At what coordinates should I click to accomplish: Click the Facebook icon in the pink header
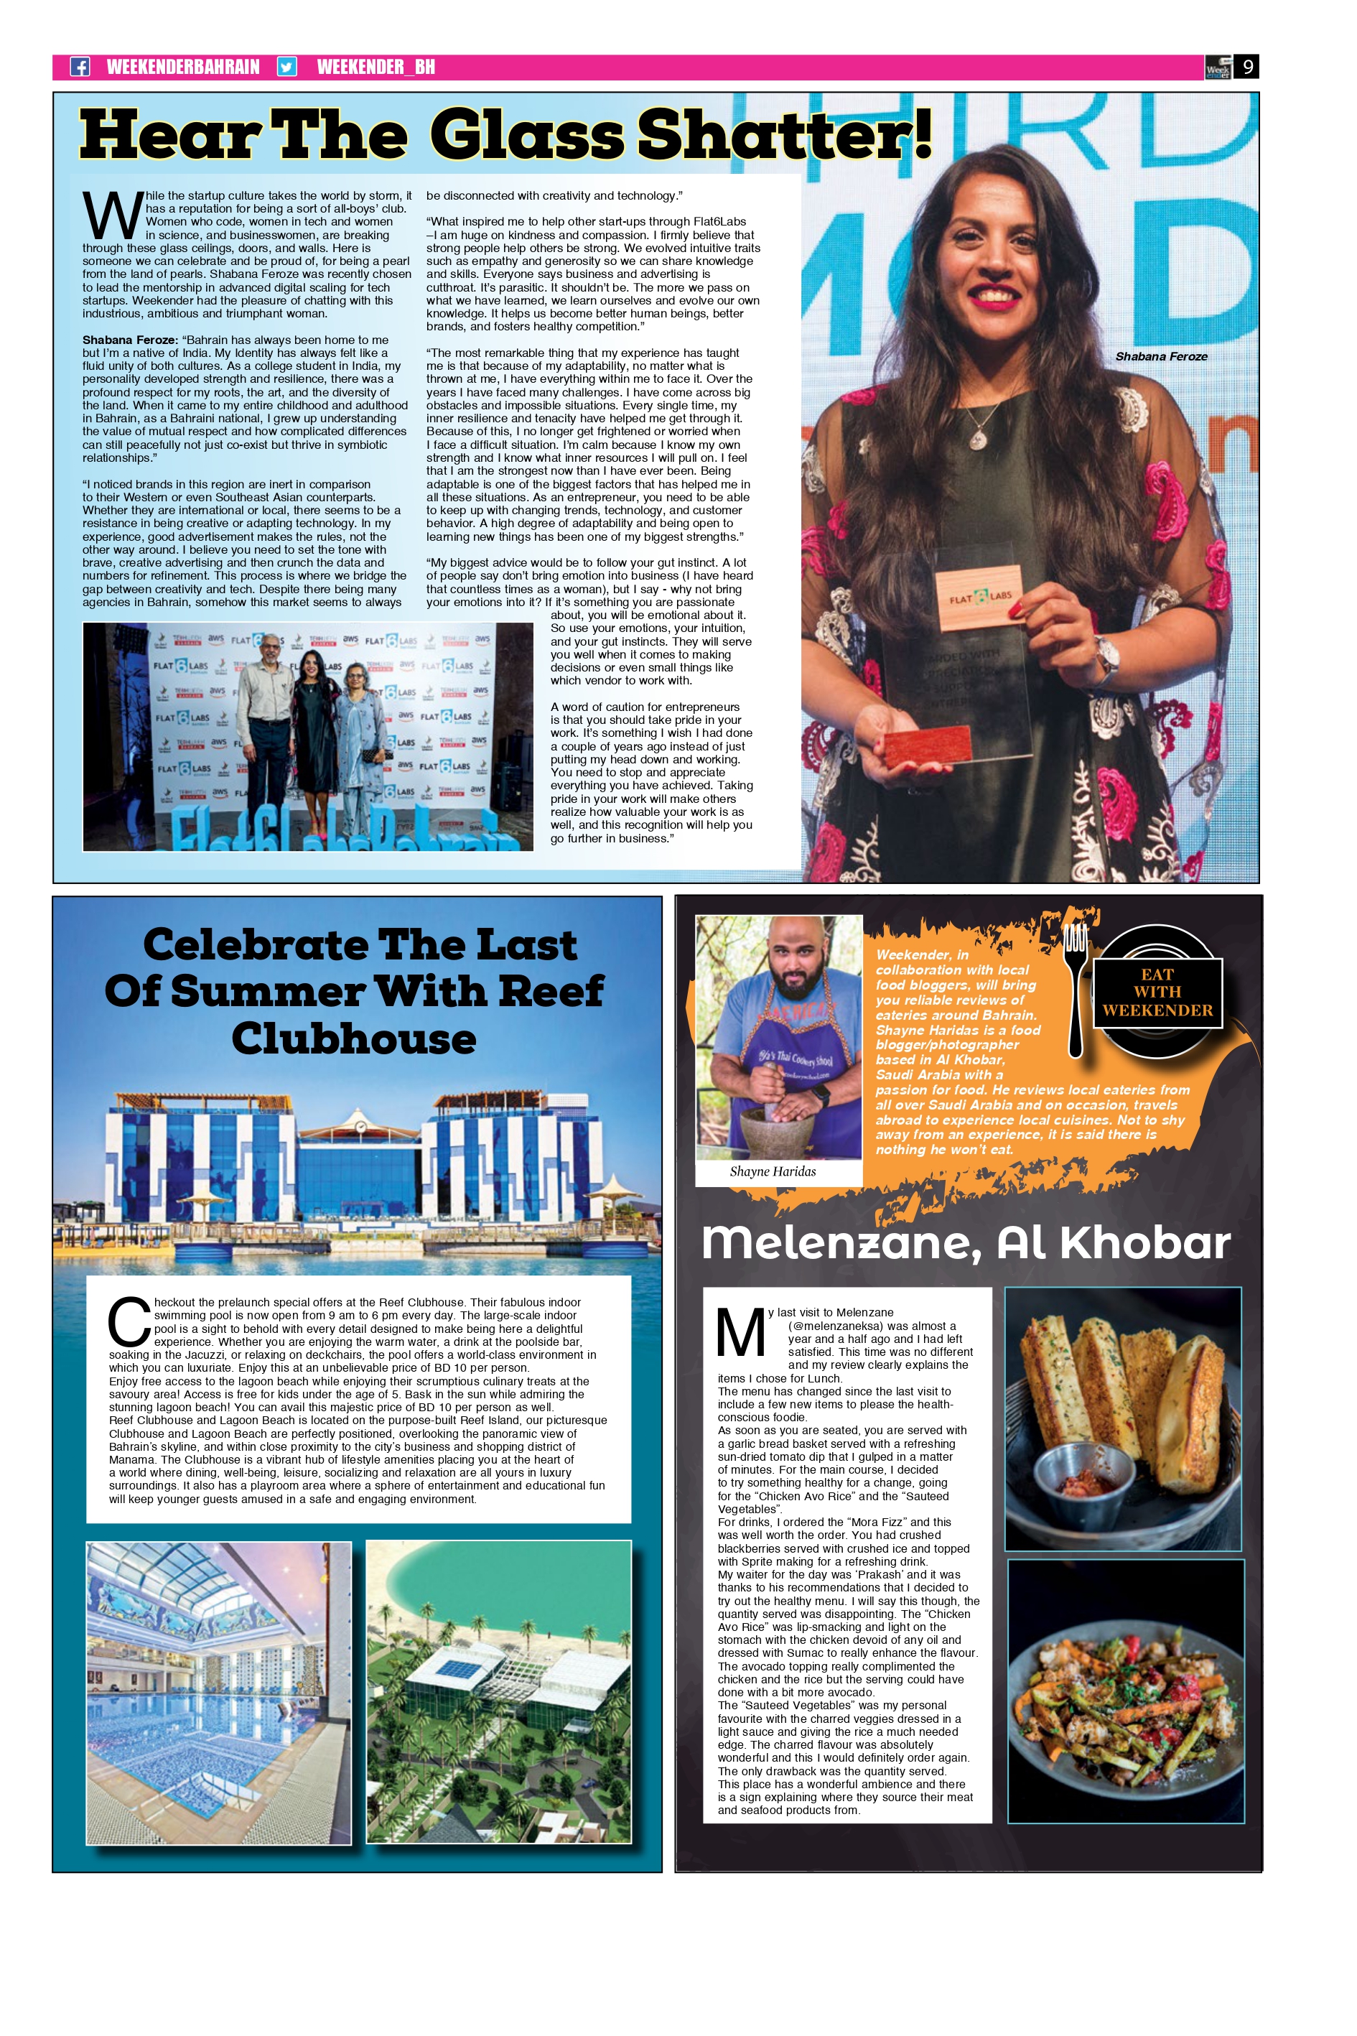tap(80, 67)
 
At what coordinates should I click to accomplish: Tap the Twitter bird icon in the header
tap(286, 67)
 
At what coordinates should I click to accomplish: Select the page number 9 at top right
tap(1246, 67)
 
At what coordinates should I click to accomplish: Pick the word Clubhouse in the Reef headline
tap(353, 1038)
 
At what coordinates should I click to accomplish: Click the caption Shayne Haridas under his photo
tap(772, 1172)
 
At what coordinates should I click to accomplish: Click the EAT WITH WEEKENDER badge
tap(1157, 992)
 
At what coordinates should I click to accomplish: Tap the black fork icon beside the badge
tap(1076, 987)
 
